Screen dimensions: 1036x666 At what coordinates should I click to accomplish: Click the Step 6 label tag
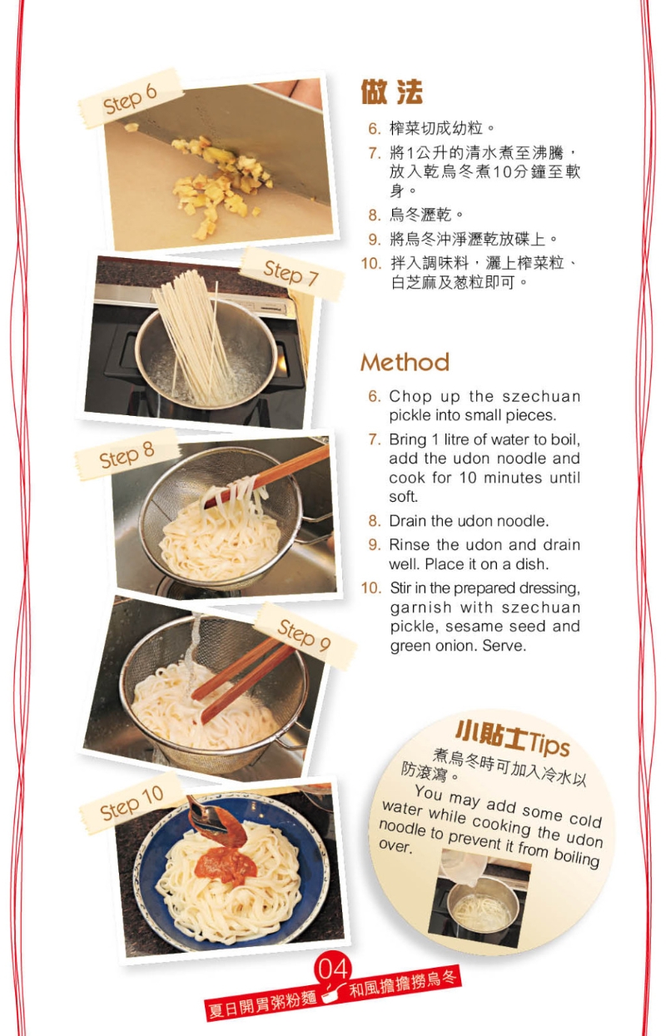click(130, 99)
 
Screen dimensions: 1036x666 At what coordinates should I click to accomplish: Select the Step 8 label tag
click(127, 455)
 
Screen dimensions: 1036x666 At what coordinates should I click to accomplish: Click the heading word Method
click(405, 363)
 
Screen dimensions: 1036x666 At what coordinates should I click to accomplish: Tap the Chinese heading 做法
click(391, 92)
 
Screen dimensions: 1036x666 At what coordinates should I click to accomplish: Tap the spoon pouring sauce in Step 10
click(208, 820)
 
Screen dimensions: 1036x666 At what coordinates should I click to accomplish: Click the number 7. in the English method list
click(374, 439)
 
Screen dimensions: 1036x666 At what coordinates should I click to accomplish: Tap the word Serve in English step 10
click(504, 646)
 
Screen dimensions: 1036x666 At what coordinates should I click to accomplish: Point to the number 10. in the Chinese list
click(370, 264)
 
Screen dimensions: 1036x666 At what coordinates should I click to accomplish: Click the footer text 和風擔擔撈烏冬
click(404, 985)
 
